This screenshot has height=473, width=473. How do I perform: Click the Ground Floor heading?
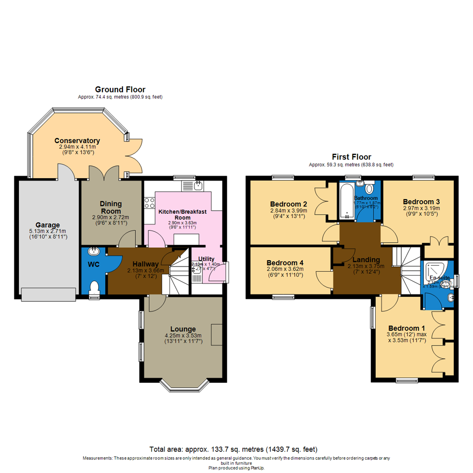(120, 90)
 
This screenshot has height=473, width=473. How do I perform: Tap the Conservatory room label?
(77, 141)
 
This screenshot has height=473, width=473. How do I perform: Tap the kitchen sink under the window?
(198, 186)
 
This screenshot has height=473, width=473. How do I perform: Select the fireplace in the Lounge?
(216, 335)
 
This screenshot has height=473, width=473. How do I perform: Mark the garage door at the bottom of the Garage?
(47, 294)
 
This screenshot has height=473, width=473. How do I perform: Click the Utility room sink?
(197, 270)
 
